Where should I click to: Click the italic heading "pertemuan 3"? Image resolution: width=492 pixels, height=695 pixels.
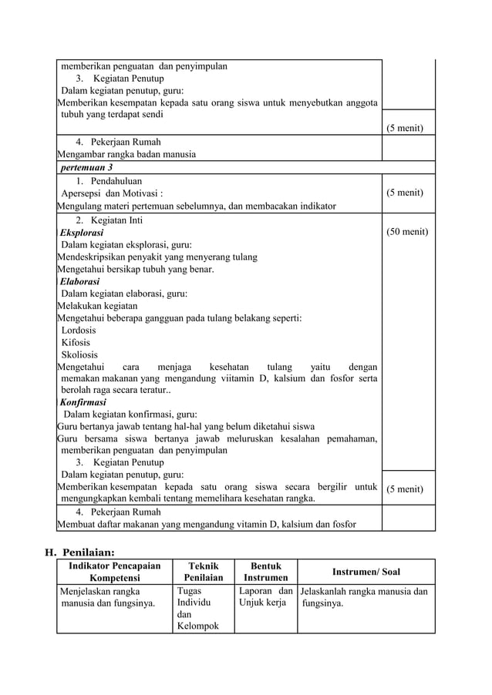click(x=86, y=167)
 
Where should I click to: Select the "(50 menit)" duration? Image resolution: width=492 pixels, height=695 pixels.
click(x=407, y=231)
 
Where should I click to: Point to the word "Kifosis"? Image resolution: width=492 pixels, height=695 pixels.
click(x=76, y=342)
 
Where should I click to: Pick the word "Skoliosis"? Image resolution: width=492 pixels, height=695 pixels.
click(x=79, y=354)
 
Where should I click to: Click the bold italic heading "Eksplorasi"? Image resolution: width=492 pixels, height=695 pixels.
click(x=82, y=232)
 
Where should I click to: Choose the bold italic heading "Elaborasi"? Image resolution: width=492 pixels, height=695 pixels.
click(x=79, y=281)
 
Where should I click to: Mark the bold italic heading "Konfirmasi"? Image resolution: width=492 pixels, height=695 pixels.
click(x=83, y=402)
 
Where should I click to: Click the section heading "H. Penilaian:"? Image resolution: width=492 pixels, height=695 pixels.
click(x=79, y=552)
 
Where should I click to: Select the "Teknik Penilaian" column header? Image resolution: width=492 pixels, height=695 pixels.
click(x=203, y=572)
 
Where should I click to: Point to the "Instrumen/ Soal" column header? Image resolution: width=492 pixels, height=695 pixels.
click(x=366, y=572)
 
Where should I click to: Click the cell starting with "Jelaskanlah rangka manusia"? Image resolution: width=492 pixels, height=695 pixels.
click(x=364, y=598)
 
